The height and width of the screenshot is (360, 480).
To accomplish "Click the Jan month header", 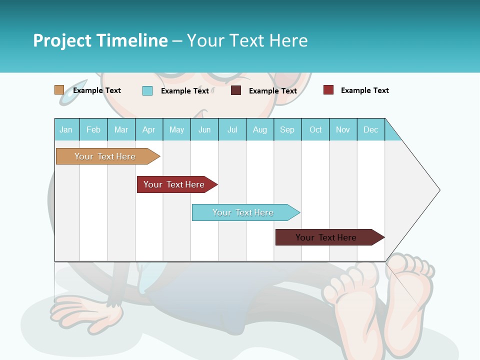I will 66,129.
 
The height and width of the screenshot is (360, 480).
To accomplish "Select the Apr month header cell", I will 149,129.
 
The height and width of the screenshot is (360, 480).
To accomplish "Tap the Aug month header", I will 260,129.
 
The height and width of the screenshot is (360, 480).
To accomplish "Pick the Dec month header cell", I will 370,129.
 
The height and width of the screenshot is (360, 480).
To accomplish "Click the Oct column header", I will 315,129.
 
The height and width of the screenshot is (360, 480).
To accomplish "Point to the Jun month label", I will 204,129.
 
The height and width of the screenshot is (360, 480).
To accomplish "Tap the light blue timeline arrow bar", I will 243,212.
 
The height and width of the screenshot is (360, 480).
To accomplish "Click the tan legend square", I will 59,90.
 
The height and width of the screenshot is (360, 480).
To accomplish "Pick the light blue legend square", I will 147,90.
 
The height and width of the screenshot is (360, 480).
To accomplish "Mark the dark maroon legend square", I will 236,90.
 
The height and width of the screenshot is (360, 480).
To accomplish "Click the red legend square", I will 328,90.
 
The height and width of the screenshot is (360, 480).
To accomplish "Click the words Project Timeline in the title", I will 100,40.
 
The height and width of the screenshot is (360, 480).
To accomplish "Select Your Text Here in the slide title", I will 247,40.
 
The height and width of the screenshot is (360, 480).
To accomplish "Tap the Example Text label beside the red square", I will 364,90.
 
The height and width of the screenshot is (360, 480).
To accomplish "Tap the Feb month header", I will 93,129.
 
